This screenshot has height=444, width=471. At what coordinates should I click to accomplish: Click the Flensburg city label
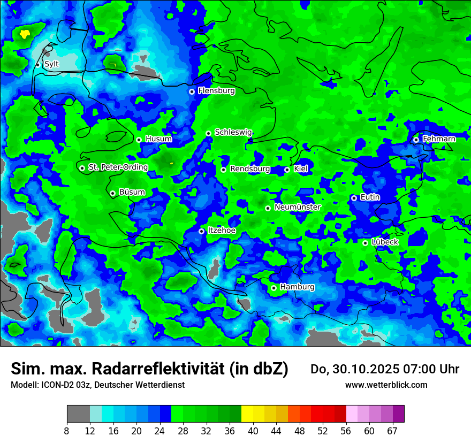tap(216, 91)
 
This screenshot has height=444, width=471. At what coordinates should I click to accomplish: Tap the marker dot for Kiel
tap(287, 170)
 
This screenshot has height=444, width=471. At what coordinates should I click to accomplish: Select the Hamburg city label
tap(297, 287)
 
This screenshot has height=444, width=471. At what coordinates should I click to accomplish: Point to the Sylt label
tap(51, 64)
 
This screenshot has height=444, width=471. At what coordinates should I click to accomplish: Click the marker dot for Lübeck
tap(365, 243)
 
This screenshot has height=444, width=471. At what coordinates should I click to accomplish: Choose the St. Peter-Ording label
tap(118, 167)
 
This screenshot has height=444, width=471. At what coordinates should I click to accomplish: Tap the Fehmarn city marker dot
tap(416, 140)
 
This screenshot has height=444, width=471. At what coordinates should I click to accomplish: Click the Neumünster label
tap(298, 207)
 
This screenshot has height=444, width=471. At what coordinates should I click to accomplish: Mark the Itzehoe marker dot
tap(202, 231)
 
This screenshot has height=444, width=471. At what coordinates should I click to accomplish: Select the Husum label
tap(158, 139)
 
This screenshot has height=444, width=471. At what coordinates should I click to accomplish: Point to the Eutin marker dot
tap(354, 198)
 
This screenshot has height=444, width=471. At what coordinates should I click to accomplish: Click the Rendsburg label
tap(250, 169)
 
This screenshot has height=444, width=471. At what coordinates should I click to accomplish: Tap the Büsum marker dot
tap(112, 193)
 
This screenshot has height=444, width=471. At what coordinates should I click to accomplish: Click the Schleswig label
tap(233, 132)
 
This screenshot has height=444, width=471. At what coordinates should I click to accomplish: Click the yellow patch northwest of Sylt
tap(24, 34)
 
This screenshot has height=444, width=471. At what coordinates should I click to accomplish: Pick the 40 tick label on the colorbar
tap(253, 431)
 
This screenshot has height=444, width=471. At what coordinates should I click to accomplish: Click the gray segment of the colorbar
tap(78, 414)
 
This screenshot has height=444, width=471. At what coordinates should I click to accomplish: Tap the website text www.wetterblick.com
tap(386, 385)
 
